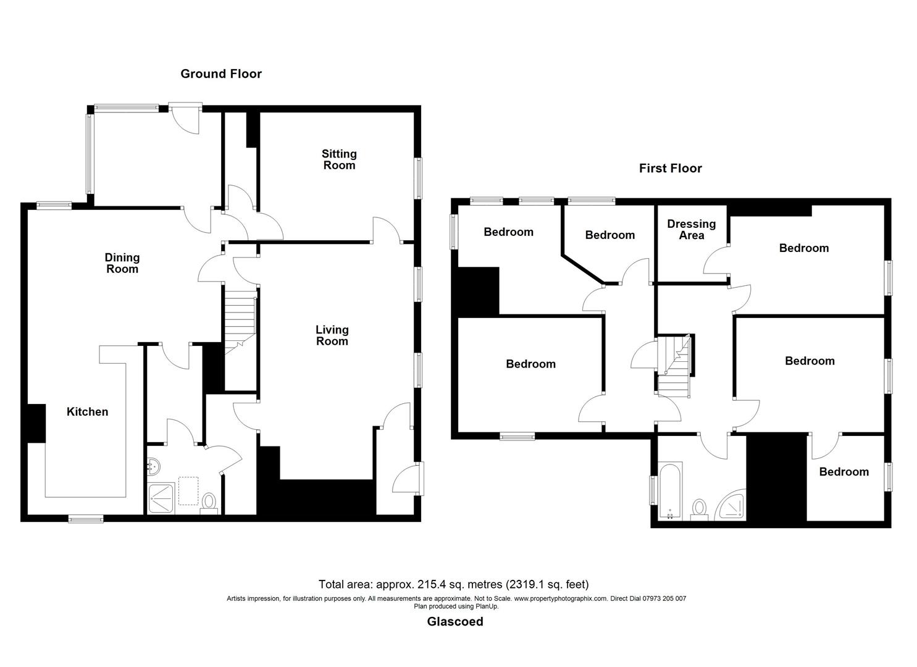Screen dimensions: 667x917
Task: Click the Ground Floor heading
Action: point(221,73)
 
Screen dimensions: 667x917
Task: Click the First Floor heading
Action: point(670,168)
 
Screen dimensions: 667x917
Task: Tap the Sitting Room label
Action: point(339,159)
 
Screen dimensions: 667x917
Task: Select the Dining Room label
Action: point(122,263)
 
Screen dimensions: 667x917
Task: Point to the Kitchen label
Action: point(87,412)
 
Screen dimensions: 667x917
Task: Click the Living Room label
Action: point(332,335)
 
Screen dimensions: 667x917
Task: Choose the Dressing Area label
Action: point(691,229)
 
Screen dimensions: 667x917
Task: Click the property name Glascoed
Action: point(455,622)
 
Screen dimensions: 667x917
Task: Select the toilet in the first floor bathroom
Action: point(700,509)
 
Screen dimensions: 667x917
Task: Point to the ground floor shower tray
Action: point(161,500)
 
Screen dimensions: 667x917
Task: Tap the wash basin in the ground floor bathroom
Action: point(153,468)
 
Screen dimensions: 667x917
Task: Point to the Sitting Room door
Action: point(387,229)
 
